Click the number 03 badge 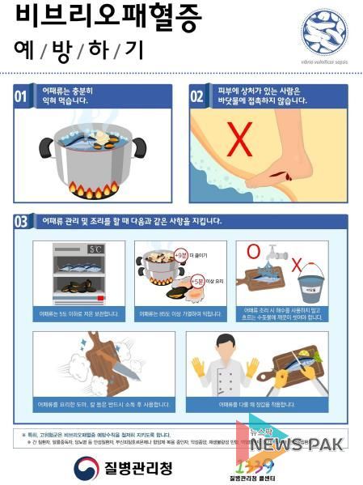pyautogui.click(x=25, y=220)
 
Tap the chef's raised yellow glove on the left pyautogui.click(x=196, y=368)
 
